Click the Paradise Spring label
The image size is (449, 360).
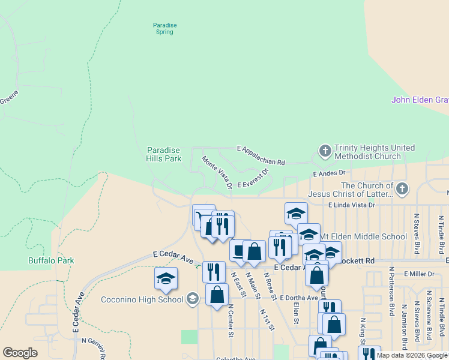(x=164, y=28)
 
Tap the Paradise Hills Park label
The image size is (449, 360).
(x=164, y=154)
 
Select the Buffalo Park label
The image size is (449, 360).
(x=51, y=260)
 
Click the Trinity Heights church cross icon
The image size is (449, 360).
(x=325, y=151)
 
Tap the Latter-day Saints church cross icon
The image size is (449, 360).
(x=402, y=189)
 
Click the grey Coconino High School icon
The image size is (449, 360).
(x=192, y=298)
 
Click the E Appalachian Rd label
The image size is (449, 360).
(x=261, y=155)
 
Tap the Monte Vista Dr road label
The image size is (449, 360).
(x=217, y=172)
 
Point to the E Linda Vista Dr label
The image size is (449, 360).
(x=351, y=205)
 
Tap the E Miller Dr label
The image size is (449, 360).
(x=419, y=274)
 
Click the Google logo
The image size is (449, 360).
(x=20, y=353)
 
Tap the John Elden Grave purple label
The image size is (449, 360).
(x=420, y=100)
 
